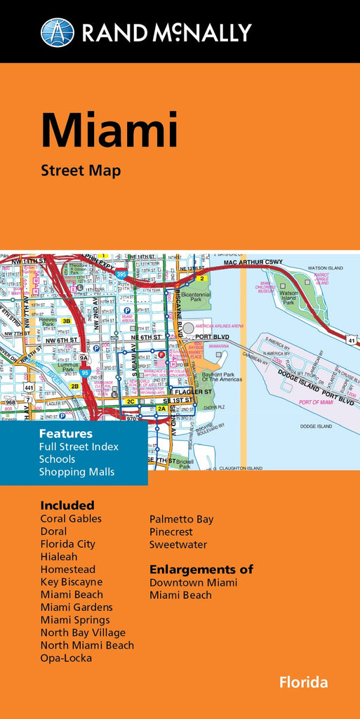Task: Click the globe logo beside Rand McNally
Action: pos(58,32)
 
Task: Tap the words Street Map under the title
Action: pos(81,171)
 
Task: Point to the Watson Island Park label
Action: pos(288,297)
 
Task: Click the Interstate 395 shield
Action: pos(122,275)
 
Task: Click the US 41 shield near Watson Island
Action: pos(351,341)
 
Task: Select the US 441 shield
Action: pos(29,387)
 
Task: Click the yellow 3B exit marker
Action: pos(66,321)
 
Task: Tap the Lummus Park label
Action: pos(51,367)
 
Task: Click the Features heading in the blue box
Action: pos(65,433)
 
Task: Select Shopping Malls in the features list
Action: pos(76,472)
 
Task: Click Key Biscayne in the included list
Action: pos(71,582)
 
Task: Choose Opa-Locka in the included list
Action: pos(66,658)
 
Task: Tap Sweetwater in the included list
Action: pos(178,544)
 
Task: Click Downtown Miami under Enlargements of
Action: pos(193,583)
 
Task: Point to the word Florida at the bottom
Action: pos(303,682)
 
